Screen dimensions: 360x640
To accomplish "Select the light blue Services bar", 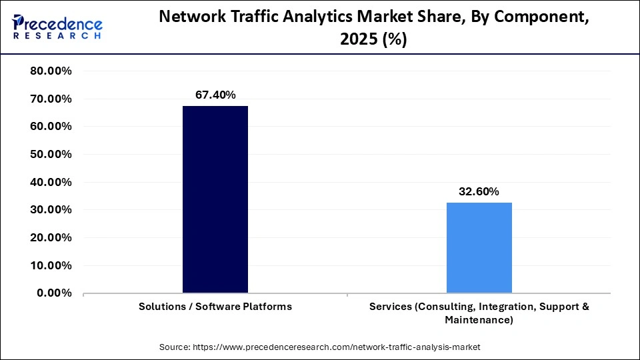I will (x=479, y=247).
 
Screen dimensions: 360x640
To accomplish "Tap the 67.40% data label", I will (x=215, y=95).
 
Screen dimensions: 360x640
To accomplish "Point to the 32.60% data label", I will (x=479, y=192).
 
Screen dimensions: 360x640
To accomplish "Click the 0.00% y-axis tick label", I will (x=54, y=293).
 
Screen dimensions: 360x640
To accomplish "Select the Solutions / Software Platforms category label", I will (x=215, y=307).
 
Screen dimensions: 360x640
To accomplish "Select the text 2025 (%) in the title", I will (x=373, y=40).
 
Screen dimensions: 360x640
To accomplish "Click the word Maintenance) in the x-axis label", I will (x=479, y=321).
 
